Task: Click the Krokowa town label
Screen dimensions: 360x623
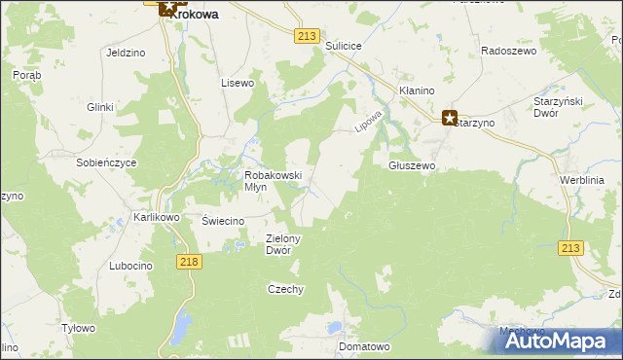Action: point(197,15)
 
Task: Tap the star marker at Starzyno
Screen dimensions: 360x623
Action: point(450,119)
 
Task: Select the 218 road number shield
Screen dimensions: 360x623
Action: point(190,262)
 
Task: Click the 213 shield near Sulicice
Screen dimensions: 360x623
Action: point(307,36)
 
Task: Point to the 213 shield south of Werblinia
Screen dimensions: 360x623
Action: point(571,249)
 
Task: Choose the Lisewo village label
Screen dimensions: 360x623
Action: point(238,83)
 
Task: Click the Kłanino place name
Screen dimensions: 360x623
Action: point(416,90)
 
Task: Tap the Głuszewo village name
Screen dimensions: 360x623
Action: point(412,166)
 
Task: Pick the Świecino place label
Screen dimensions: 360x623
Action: point(222,221)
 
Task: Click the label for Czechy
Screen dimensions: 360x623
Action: point(286,289)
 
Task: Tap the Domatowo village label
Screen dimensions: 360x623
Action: point(363,345)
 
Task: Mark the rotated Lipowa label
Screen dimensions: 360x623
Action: point(365,122)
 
